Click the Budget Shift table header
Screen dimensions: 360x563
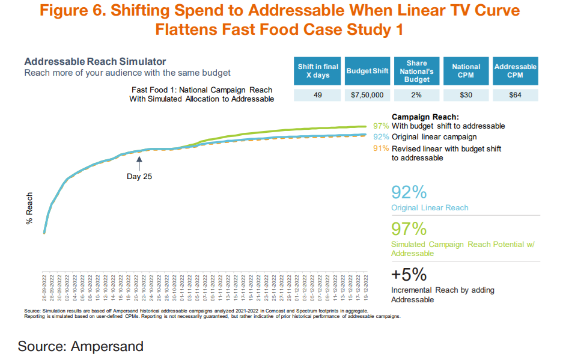pyautogui.click(x=368, y=71)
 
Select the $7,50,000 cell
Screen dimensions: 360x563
pyautogui.click(x=368, y=95)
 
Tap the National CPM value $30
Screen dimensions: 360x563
pyautogui.click(x=466, y=95)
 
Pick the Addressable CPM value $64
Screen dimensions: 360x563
pyautogui.click(x=515, y=95)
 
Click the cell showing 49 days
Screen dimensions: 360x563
pyautogui.click(x=318, y=95)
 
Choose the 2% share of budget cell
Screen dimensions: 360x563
pyautogui.click(x=416, y=95)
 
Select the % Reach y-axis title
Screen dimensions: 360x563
pyautogui.click(x=29, y=209)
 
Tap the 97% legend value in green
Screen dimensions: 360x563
pyautogui.click(x=381, y=126)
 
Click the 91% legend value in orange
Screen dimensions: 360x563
pyautogui.click(x=381, y=148)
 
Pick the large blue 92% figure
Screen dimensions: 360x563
pyautogui.click(x=409, y=192)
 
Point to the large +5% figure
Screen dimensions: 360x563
pyautogui.click(x=409, y=275)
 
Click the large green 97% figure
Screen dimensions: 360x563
pyautogui.click(x=409, y=229)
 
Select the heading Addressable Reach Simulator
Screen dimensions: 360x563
pyautogui.click(x=95, y=62)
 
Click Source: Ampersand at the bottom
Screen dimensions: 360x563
pyautogui.click(x=81, y=346)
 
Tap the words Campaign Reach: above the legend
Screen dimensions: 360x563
pyautogui.click(x=425, y=117)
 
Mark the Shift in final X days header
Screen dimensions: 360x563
pyautogui.click(x=318, y=71)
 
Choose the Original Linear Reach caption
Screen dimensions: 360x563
pyautogui.click(x=430, y=208)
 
